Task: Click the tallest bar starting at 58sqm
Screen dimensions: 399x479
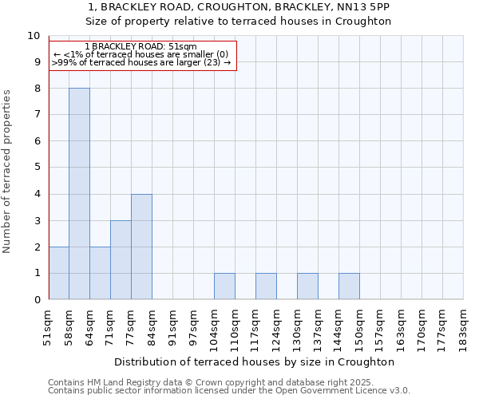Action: coord(79,194)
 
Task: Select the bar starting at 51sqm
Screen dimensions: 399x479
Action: coord(58,273)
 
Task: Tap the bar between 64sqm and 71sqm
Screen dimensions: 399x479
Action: coord(100,273)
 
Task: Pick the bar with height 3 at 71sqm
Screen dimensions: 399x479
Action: coord(121,260)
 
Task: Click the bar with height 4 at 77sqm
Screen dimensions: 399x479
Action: coord(141,247)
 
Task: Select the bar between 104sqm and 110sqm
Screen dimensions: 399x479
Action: coord(224,286)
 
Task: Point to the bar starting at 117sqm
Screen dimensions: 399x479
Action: coord(266,286)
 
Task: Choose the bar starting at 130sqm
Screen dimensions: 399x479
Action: coord(307,286)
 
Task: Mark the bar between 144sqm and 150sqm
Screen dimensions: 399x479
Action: coord(349,286)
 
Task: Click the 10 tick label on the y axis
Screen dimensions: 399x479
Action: coord(34,36)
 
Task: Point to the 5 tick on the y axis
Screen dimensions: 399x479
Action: coord(37,168)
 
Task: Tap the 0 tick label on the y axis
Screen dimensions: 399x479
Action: coord(37,300)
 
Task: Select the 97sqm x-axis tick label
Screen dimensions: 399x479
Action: coord(194,325)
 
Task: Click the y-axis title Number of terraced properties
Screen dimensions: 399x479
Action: coord(8,172)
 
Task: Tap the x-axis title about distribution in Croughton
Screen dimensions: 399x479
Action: coord(256,361)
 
